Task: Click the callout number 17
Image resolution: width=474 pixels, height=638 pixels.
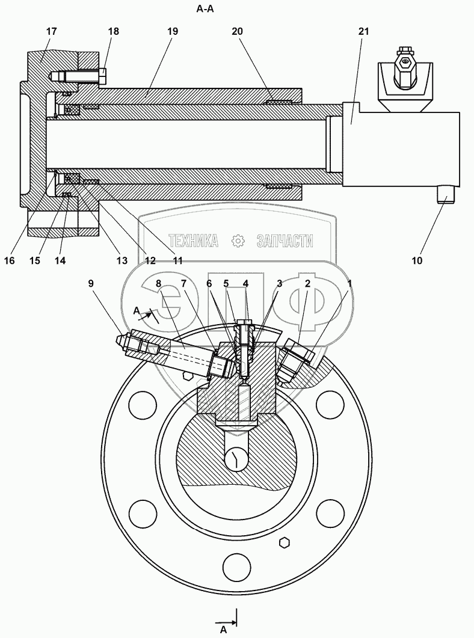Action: pyautogui.click(x=51, y=31)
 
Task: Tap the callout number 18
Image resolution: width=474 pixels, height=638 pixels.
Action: pyautogui.click(x=113, y=31)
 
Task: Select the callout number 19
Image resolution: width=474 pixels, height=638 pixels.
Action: pyautogui.click(x=173, y=31)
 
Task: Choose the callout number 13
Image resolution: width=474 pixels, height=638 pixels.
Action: pyautogui.click(x=122, y=260)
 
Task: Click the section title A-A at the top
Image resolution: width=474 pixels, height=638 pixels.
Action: pyautogui.click(x=206, y=9)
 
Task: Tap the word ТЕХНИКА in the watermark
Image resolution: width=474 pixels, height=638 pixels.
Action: pyautogui.click(x=194, y=241)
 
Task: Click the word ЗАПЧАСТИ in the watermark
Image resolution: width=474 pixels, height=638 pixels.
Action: pyautogui.click(x=285, y=241)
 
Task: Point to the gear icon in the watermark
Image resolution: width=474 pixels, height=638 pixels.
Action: pyautogui.click(x=238, y=241)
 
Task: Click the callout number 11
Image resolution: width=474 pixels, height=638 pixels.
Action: pyautogui.click(x=177, y=260)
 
